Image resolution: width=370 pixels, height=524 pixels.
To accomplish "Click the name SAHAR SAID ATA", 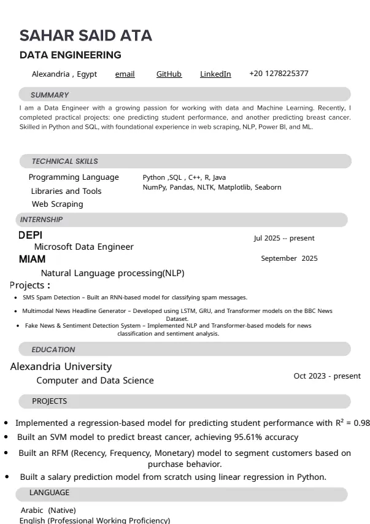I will click(86, 36).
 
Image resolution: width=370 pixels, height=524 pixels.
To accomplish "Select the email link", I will click(125, 74).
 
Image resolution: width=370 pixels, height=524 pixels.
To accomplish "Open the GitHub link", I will click(169, 74).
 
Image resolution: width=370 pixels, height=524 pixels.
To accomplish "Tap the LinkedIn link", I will click(215, 74).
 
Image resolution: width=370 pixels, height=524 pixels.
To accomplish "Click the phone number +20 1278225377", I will click(279, 74).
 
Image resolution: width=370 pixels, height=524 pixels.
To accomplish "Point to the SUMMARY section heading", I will click(50, 95).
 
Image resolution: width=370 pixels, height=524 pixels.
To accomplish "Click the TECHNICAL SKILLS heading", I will click(65, 161).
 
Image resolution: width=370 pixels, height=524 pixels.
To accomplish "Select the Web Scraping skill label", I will click(57, 204).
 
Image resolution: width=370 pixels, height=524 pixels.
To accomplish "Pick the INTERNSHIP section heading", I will click(41, 220).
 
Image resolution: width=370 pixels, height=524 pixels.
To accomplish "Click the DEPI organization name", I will click(31, 235).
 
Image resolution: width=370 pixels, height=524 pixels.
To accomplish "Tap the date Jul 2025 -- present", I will click(284, 238).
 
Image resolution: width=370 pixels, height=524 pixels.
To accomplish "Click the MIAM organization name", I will click(32, 260).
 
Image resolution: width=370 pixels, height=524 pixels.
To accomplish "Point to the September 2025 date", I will click(289, 258).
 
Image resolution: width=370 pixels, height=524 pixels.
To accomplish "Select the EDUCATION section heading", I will click(53, 350).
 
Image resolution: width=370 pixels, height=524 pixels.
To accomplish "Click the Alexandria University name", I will click(61, 367).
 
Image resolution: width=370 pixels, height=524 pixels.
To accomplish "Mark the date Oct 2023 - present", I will click(327, 376).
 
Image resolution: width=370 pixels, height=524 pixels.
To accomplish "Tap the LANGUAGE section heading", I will click(49, 493).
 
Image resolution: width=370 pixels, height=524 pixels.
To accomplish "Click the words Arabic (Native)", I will click(48, 511).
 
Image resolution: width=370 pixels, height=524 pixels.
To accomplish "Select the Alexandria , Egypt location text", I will click(64, 74).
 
